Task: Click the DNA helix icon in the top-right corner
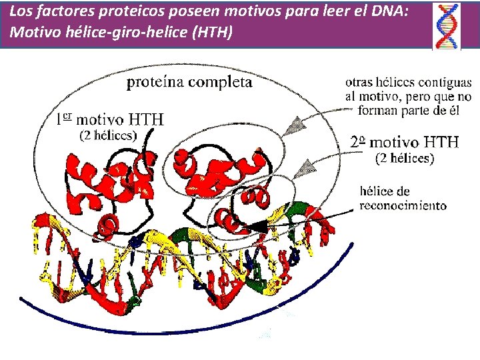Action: click(448, 26)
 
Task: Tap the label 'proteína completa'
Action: click(190, 82)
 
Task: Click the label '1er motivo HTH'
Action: click(110, 120)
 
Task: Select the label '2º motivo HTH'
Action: click(405, 142)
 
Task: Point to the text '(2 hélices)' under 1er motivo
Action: click(108, 136)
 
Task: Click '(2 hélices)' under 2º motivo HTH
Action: click(405, 159)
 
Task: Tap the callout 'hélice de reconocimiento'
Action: click(403, 199)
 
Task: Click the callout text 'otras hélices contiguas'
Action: click(408, 83)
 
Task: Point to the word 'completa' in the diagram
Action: click(223, 82)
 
